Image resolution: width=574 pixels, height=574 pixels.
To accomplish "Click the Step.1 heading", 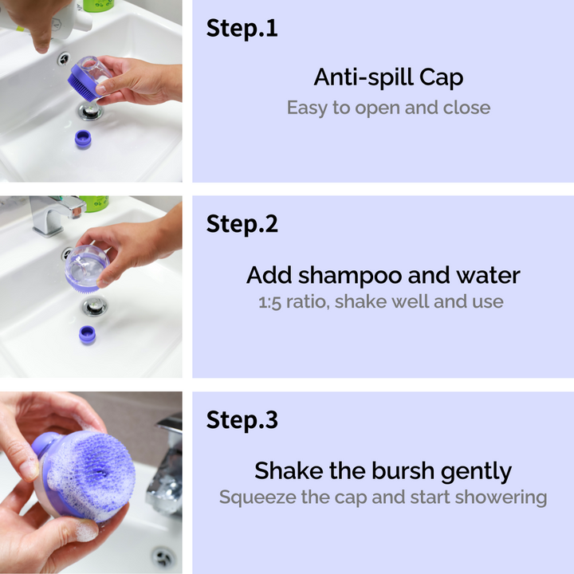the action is [x=242, y=28].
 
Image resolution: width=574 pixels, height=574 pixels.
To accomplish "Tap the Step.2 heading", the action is [x=242, y=224].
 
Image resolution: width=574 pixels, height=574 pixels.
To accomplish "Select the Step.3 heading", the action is [x=242, y=419].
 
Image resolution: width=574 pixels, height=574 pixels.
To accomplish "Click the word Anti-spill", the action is [x=364, y=78].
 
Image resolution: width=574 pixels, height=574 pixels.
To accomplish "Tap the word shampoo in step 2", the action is [x=350, y=276].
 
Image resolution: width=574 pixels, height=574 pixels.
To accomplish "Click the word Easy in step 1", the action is [x=308, y=108].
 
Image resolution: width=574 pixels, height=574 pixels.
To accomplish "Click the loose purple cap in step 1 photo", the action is [x=83, y=139].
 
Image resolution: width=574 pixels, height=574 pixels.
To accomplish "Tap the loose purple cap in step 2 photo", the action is [x=88, y=335].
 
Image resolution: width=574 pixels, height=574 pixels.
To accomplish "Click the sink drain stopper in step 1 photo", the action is [x=89, y=111].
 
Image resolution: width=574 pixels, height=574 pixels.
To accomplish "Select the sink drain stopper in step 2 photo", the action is [x=94, y=305].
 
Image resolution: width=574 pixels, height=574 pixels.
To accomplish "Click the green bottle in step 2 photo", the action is [x=94, y=203].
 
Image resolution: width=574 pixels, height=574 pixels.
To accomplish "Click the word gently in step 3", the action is [x=476, y=471].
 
